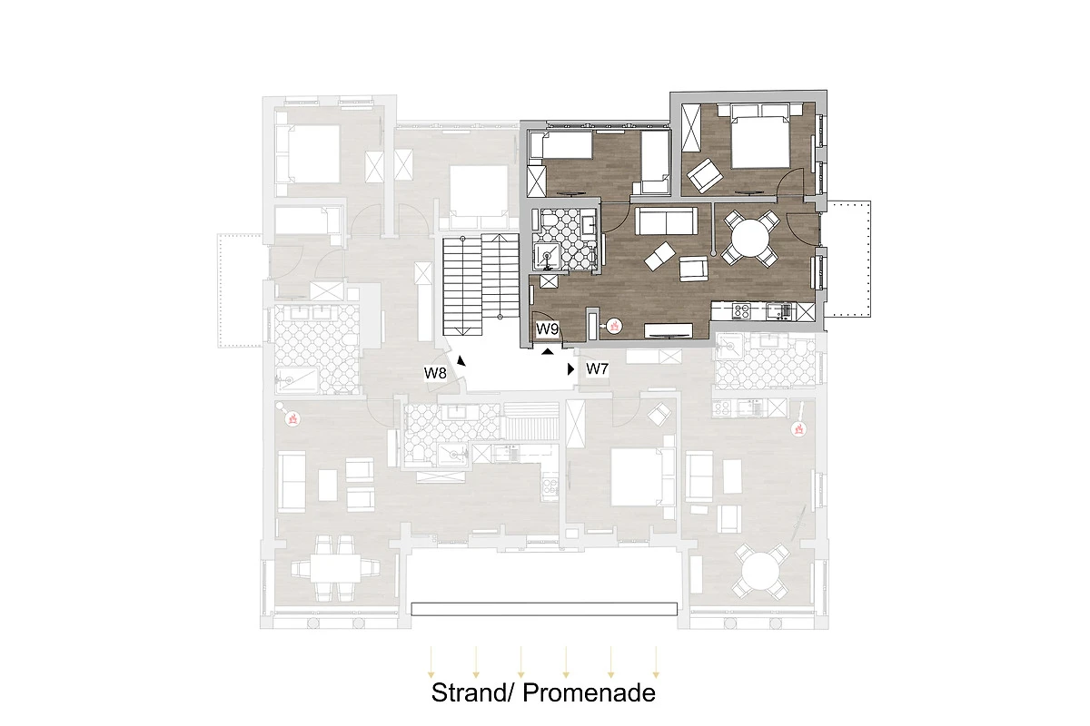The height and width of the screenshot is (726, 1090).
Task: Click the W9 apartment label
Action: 547,329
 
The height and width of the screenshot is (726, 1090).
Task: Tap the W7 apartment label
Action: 597,369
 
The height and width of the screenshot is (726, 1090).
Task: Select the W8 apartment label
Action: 435,373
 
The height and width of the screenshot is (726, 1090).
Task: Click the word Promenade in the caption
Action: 589,693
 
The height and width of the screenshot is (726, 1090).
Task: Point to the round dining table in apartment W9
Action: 750,239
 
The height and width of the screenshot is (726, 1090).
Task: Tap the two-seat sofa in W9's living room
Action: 666,221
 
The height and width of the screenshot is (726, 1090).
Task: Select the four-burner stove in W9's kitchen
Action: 740,311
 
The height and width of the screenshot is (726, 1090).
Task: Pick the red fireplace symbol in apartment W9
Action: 614,326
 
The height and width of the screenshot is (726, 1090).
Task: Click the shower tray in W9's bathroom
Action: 548,257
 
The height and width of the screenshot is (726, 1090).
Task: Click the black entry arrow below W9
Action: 548,351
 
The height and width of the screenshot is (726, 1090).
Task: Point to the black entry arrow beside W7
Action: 570,369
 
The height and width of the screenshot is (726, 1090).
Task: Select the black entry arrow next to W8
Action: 461,361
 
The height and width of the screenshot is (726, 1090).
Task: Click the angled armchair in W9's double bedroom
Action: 704,175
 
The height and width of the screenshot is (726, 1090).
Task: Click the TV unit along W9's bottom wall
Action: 669,330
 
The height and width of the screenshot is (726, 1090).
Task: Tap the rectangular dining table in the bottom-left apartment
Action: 336,567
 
